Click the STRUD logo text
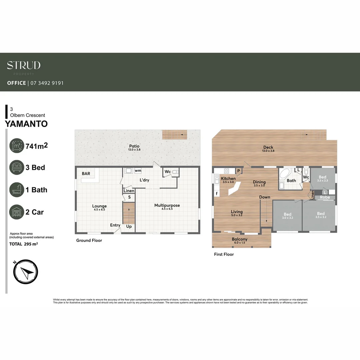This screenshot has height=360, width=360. coord(24,65)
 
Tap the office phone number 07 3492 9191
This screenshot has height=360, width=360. coord(47,83)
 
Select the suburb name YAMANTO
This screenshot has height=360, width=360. coord(26,124)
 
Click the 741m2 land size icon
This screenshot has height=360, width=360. coord(17,146)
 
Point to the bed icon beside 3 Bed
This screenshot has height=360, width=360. coord(17,168)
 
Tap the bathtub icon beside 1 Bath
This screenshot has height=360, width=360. coord(17,190)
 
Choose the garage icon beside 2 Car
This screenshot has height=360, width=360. coord(17,212)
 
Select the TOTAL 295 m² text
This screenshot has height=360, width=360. coord(23,244)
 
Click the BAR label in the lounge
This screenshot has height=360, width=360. coord(86,174)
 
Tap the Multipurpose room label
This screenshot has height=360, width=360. coord(167,205)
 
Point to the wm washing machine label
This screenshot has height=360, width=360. coord(138,171)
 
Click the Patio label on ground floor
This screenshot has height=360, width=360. coord(135,146)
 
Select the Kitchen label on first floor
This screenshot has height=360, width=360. coord(228,179)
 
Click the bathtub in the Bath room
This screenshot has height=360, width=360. coord(284,174)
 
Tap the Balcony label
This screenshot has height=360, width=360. coord(240,239)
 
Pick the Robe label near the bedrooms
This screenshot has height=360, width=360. coord(325,197)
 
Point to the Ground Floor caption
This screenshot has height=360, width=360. coord(89,240)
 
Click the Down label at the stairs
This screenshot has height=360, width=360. coord(265,197)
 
